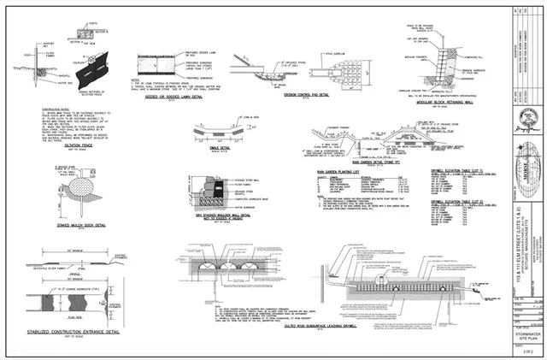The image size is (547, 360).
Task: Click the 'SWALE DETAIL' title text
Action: point(221,148)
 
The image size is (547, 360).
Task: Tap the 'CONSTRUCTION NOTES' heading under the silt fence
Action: point(30,109)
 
